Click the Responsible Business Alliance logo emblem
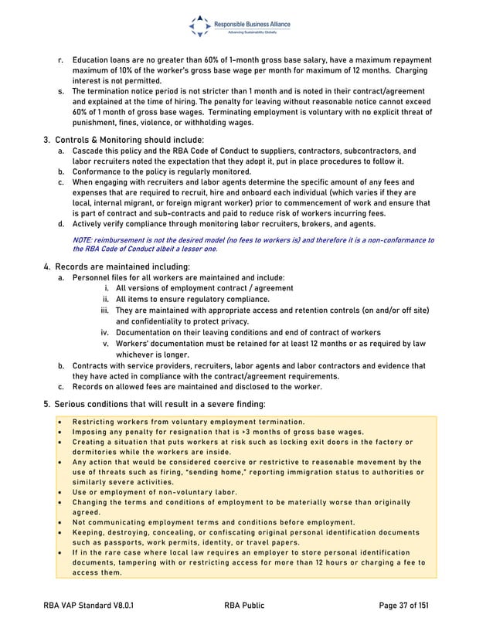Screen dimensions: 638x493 click(x=199, y=26)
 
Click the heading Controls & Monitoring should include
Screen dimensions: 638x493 click(x=119, y=139)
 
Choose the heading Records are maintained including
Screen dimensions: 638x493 click(x=117, y=266)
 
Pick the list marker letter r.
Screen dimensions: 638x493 click(x=61, y=59)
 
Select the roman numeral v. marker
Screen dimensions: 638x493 click(x=107, y=343)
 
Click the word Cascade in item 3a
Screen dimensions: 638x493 click(x=90, y=151)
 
